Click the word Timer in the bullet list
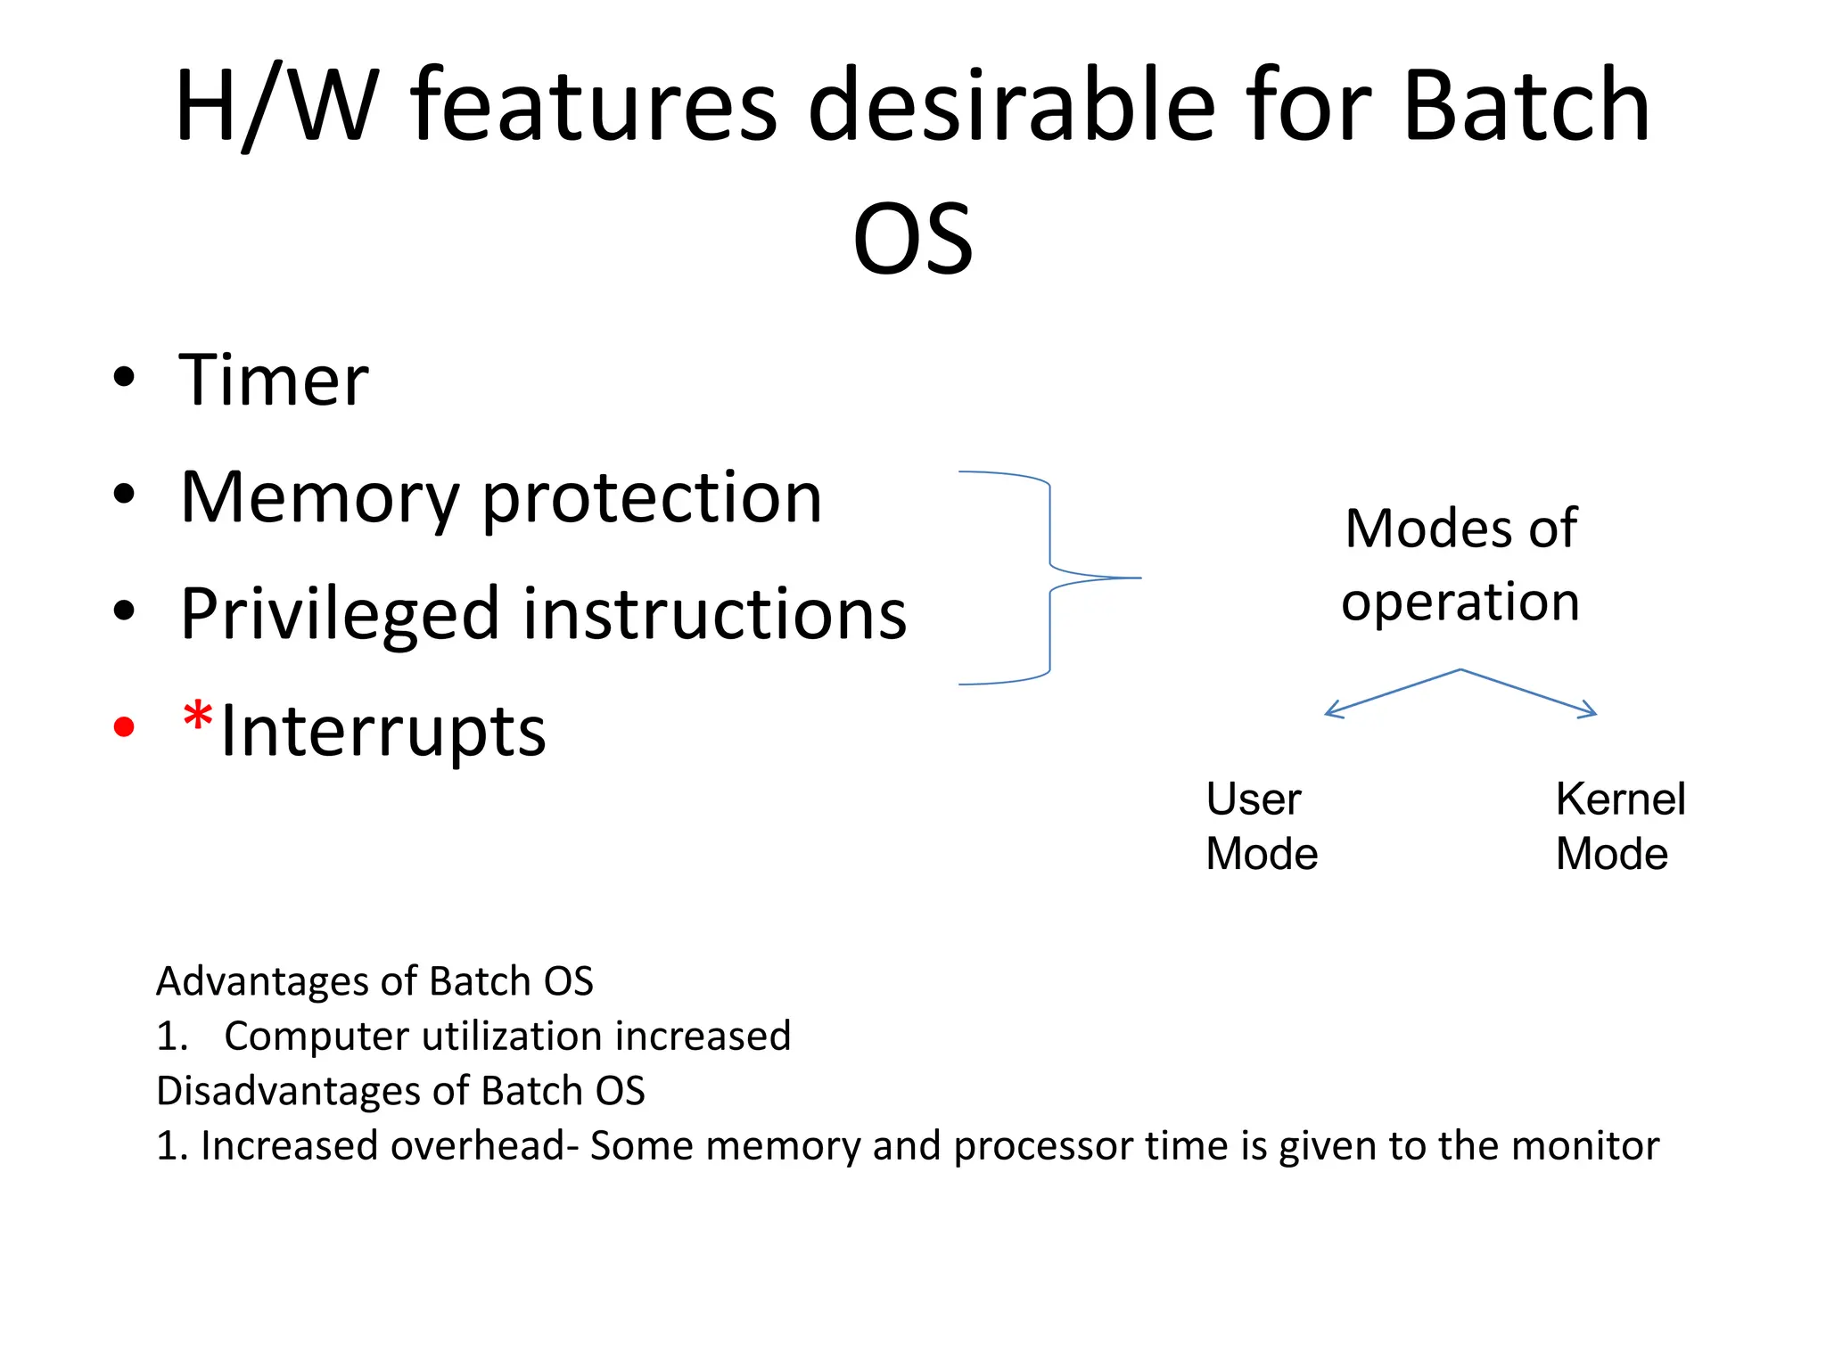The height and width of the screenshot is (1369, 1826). coord(274,381)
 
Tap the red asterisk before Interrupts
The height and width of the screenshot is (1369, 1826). coord(197,717)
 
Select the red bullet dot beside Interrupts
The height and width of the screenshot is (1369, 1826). coord(124,727)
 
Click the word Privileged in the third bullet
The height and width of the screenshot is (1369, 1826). coord(340,615)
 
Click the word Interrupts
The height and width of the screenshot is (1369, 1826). coord(383,732)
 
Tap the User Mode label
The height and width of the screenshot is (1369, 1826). coord(1261,826)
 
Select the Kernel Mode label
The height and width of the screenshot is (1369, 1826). coord(1620,826)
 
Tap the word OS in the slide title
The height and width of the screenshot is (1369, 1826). coord(913,239)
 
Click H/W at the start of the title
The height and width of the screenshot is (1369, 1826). coord(276,106)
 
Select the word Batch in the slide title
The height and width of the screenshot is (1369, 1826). coord(1526,106)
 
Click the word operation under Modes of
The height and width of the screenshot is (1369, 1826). coord(1460,602)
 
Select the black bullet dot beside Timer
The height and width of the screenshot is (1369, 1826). coord(124,377)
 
